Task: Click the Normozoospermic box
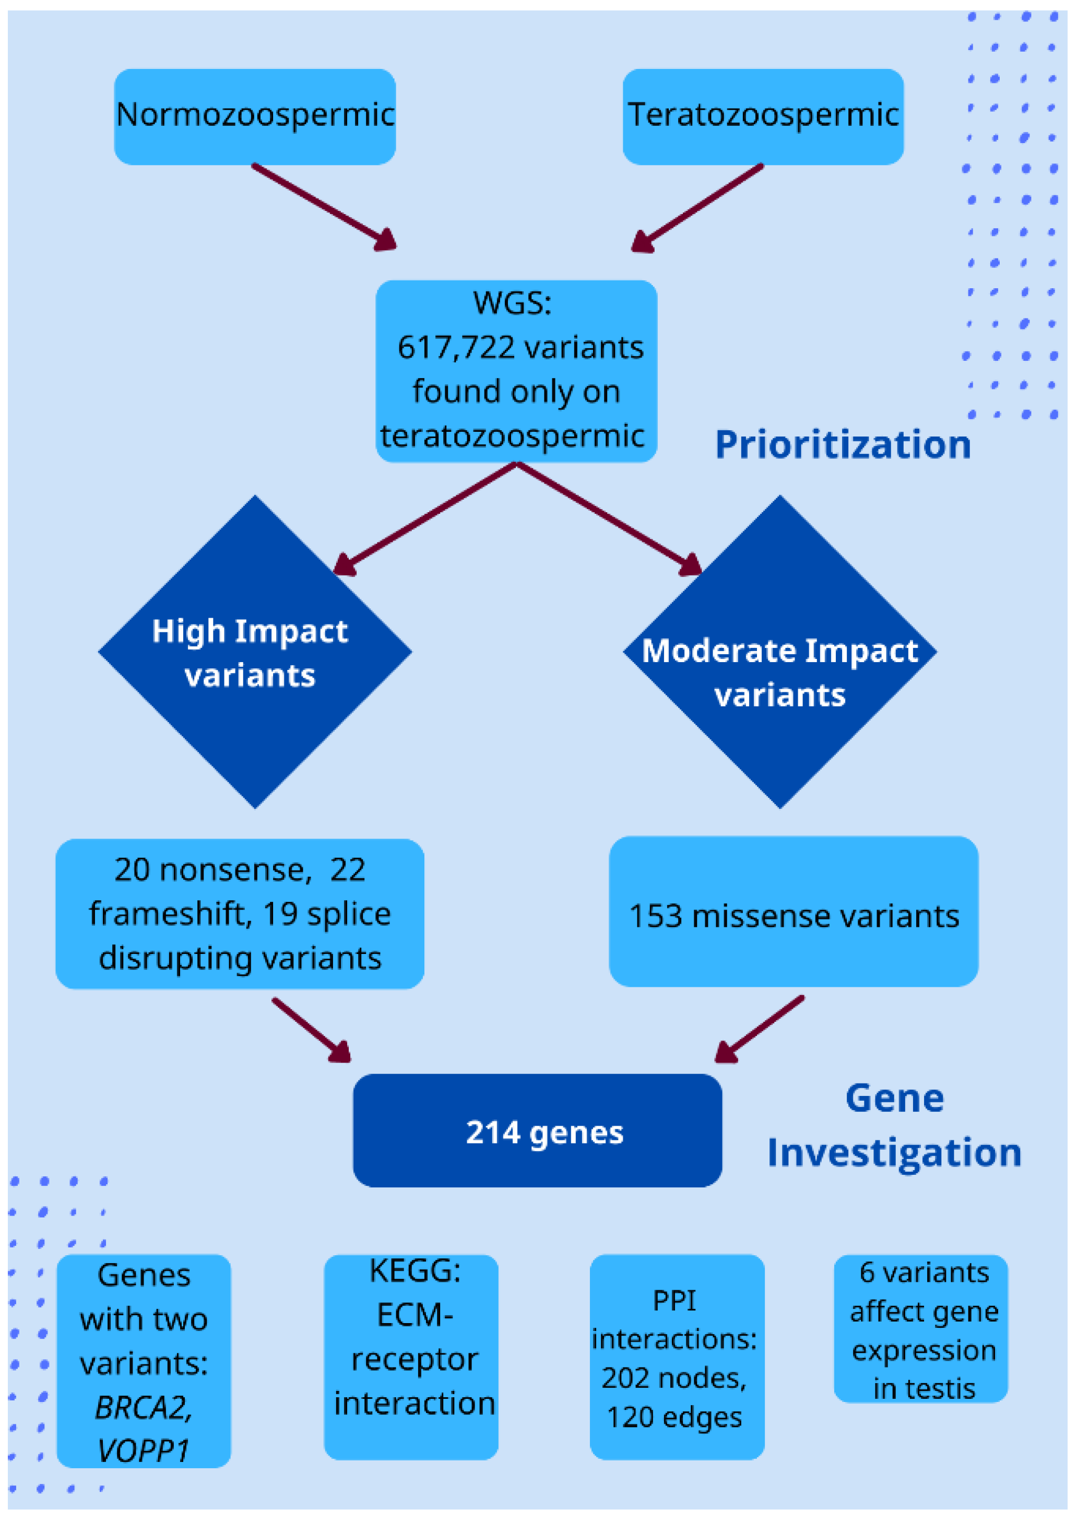255,116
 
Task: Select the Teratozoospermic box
763,116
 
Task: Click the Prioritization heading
842,444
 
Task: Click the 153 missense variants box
793,915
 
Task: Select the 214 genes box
537,1131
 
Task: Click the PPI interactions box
677,1357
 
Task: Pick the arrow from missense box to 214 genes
760,1029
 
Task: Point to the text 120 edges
674,1418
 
